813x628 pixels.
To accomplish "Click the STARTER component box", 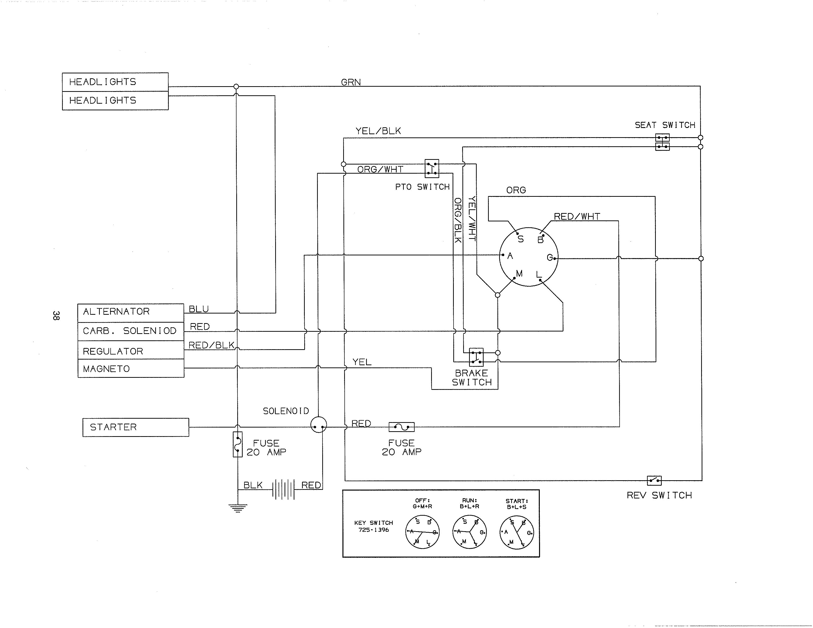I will pos(135,427).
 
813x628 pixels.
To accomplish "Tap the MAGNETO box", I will pos(131,368).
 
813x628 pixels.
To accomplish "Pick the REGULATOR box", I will pos(131,350).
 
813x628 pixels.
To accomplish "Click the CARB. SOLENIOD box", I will pos(131,331).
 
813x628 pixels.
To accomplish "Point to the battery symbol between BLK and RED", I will pos(283,489).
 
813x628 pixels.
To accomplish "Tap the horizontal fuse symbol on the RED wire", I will pos(401,427).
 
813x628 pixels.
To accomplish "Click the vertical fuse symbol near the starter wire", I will pos(237,444).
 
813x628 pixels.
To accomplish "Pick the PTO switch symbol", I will pos(432,168).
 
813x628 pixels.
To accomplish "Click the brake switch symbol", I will pos(476,357).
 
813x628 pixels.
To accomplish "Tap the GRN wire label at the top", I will pos(351,82).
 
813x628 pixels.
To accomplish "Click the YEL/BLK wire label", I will pos(378,131).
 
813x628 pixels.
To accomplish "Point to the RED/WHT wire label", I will pos(577,216).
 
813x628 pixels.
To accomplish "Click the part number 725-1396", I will pos(373,530).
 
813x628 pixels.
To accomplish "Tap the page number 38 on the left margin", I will pos(56,315).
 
